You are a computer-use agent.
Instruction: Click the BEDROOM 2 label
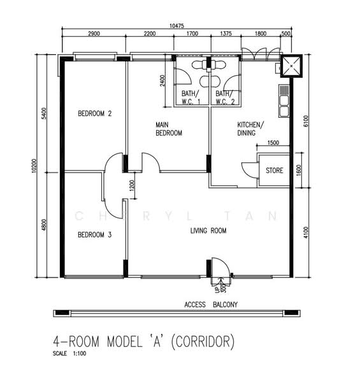94,113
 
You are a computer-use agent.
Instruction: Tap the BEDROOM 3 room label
94,235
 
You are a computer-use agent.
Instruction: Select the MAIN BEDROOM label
169,129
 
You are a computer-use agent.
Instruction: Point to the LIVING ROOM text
208,230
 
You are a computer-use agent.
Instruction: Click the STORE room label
275,171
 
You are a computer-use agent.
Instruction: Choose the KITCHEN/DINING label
250,129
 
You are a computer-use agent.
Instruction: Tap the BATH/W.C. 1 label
191,97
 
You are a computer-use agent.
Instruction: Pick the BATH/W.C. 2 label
225,97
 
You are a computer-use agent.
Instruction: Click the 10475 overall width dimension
176,26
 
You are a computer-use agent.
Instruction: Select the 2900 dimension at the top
94,33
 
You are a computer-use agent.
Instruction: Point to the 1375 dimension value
226,33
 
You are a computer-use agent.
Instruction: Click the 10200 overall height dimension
34,166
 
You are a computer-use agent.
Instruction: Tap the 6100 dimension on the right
306,121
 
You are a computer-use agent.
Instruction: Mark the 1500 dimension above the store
273,143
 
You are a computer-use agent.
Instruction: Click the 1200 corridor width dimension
132,186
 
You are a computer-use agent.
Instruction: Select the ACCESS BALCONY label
211,304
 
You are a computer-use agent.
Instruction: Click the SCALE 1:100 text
69,353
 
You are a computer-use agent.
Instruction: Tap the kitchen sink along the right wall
284,101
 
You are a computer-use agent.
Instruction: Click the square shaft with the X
291,66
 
